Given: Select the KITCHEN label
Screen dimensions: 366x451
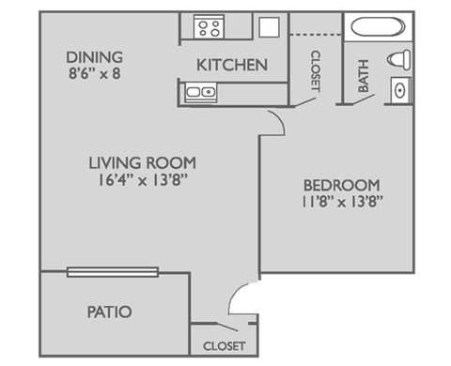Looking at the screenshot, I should tap(232, 66).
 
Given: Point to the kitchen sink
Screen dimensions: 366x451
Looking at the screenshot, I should tap(198, 92).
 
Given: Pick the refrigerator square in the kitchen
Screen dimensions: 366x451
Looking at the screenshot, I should tap(268, 26).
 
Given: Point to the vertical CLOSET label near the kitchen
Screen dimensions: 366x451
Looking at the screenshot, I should tap(313, 70).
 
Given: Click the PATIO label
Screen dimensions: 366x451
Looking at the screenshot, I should tap(109, 312).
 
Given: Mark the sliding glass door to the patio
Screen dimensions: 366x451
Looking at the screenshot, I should tap(115, 272).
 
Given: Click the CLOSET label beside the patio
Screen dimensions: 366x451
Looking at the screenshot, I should tap(225, 346).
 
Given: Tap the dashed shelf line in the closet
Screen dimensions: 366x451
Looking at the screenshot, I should tap(314, 35).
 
